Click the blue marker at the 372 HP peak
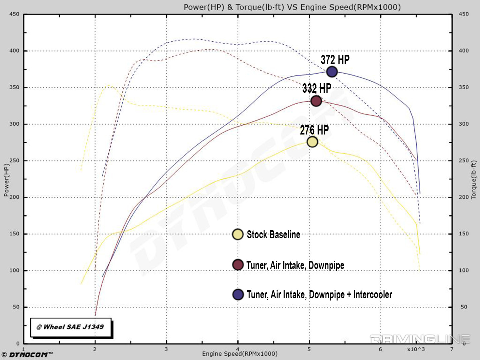pos(332,72)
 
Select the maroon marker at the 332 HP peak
pos(316,101)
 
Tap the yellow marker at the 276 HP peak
pos(312,142)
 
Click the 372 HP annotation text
pos(335,60)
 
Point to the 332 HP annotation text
pos(317,88)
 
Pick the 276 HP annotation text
pos(314,130)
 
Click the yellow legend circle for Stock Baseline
pos(238,234)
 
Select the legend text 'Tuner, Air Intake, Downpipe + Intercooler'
pos(319,295)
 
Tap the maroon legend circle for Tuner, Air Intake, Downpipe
pos(238,265)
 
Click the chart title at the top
pos(292,7)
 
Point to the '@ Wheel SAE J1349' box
pos(70,327)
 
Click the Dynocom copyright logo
pos(27,354)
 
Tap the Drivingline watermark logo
pos(420,339)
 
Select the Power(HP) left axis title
pos(6,180)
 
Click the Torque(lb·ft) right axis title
pos(474,180)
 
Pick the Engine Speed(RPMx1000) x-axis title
pos(240,354)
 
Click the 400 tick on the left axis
pos(14,51)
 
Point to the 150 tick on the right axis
pos(464,234)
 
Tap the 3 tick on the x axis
pos(166,349)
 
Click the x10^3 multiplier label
pos(416,349)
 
